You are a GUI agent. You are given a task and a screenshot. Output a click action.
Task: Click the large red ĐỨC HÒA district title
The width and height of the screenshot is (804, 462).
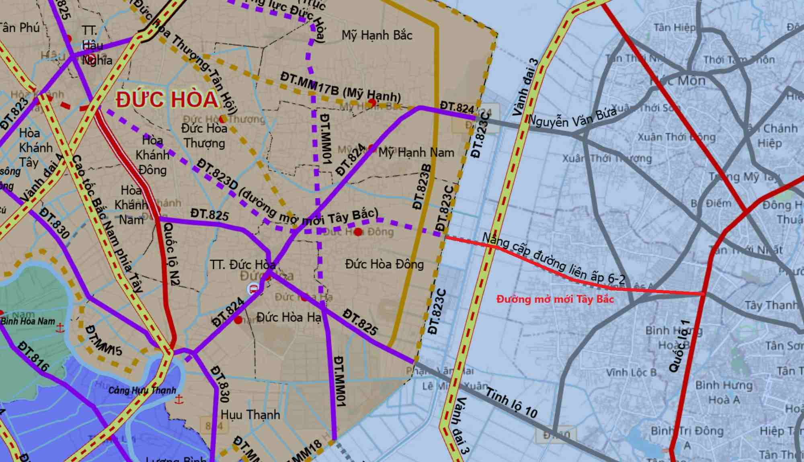[167, 99]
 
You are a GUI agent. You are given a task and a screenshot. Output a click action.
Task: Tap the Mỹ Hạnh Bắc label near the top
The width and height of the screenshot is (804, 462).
[377, 35]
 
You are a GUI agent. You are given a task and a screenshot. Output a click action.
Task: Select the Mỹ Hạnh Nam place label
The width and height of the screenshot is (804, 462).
[416, 153]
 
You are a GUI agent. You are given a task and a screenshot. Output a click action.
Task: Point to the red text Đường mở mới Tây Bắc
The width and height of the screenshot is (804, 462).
[555, 299]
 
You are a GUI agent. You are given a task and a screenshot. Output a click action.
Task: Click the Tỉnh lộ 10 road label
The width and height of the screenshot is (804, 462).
[511, 402]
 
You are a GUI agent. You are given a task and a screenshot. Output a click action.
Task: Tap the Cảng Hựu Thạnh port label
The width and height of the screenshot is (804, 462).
[142, 390]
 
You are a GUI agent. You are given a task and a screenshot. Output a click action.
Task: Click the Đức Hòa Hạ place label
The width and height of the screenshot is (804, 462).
[289, 317]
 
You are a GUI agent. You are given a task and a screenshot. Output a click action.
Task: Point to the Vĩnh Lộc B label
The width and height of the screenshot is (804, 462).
[631, 372]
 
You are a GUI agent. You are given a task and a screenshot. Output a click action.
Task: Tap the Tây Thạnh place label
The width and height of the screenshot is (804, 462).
[771, 306]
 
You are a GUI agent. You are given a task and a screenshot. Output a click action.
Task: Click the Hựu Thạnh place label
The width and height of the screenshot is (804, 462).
[250, 415]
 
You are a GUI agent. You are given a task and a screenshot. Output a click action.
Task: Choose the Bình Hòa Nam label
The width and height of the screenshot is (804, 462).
[28, 321]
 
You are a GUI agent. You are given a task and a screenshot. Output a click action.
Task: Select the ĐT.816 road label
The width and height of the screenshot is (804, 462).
[33, 356]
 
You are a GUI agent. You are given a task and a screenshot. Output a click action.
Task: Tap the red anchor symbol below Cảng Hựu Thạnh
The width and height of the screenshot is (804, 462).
[179, 400]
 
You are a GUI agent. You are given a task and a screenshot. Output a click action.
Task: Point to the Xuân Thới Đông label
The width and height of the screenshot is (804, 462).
[677, 137]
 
